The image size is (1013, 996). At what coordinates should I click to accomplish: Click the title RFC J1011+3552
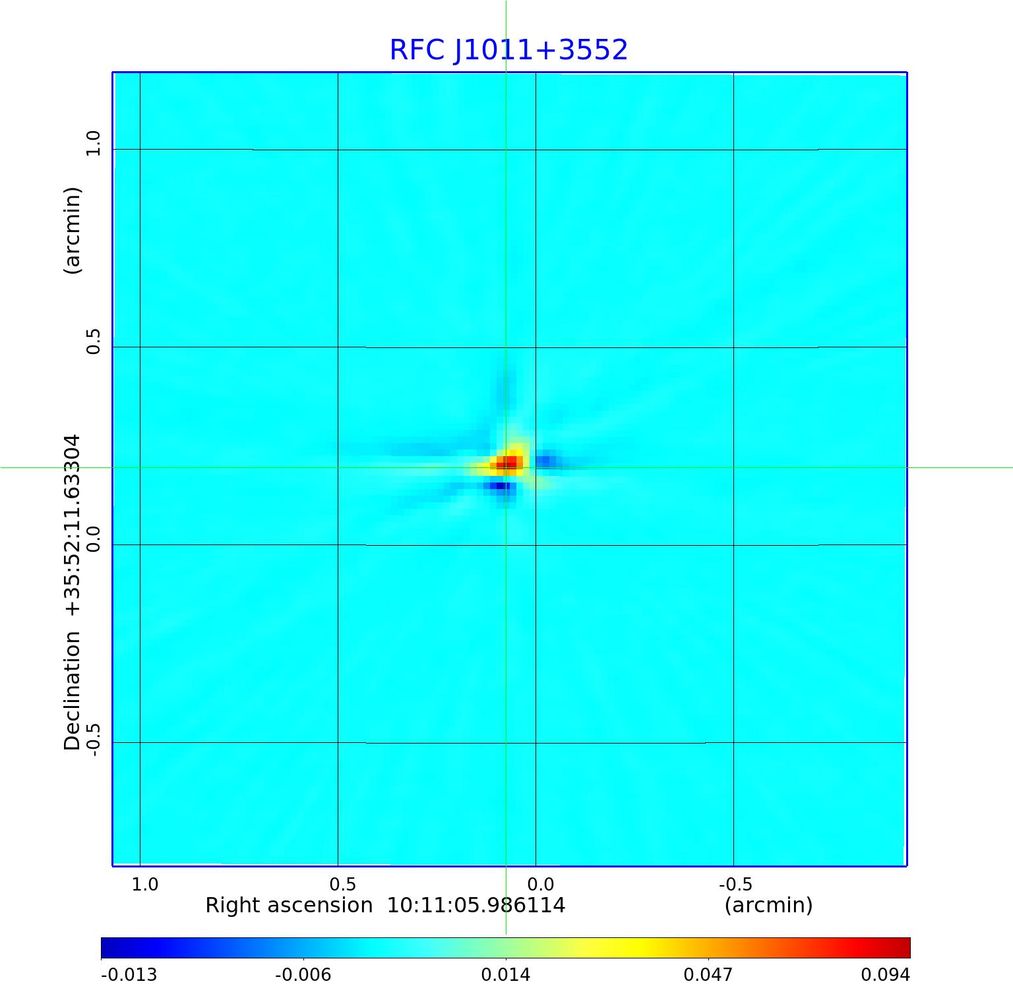[508, 50]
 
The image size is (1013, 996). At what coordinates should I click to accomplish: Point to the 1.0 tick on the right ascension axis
[144, 884]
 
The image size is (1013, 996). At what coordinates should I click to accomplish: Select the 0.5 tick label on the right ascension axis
[342, 884]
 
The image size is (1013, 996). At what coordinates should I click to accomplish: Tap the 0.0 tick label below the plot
[541, 884]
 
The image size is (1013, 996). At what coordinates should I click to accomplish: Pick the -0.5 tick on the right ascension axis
[735, 884]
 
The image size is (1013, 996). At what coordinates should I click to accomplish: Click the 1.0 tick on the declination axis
[93, 143]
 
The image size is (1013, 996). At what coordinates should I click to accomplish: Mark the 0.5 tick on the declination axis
[93, 341]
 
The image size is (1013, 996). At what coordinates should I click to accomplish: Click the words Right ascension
[289, 905]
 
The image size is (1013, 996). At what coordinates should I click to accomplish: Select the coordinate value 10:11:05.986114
[476, 905]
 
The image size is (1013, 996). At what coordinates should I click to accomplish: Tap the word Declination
[72, 691]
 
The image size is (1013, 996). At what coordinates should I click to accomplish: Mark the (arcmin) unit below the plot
[768, 905]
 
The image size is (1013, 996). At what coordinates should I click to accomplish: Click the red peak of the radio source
[509, 463]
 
